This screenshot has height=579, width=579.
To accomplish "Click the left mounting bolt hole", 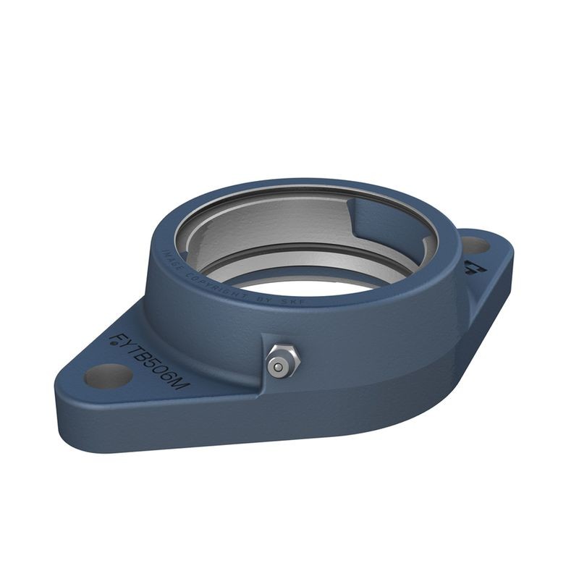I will (109, 376).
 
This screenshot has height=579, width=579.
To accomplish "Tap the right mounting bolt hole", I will (475, 245).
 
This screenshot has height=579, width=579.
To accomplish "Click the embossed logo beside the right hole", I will (471, 267).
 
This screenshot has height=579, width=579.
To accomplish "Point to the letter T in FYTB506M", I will (133, 349).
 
